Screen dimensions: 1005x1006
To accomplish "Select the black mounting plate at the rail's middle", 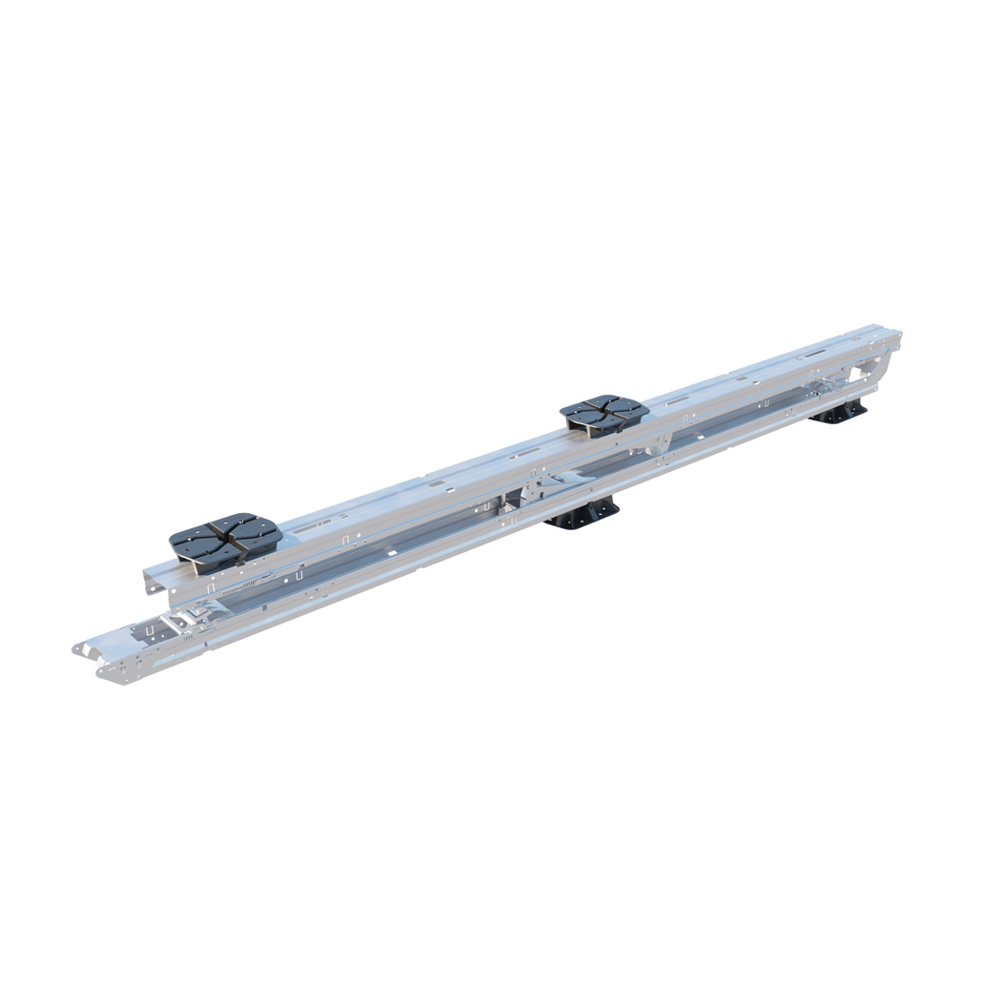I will [605, 413].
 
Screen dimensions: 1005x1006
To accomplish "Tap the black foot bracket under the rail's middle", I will [583, 515].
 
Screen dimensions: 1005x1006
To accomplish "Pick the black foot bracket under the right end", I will [840, 412].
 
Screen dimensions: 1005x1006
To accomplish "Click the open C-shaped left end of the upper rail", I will [154, 581].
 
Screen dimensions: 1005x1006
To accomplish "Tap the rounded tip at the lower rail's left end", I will [78, 648].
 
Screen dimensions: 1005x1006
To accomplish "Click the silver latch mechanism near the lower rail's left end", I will [186, 620].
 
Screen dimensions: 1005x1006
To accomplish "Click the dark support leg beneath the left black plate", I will [195, 567].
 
